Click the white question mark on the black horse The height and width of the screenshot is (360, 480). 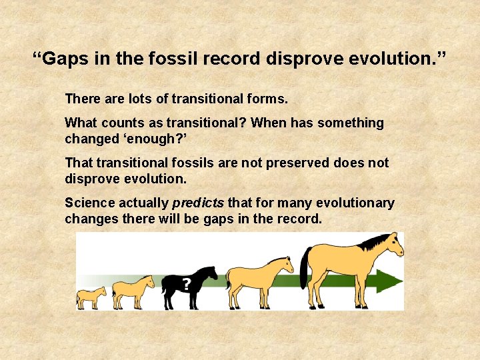pyautogui.click(x=187, y=285)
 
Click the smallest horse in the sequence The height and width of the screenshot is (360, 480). pyautogui.click(x=91, y=297)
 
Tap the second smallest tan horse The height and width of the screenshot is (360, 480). pyautogui.click(x=132, y=291)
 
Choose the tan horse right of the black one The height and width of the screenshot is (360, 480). pyautogui.click(x=259, y=280)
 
